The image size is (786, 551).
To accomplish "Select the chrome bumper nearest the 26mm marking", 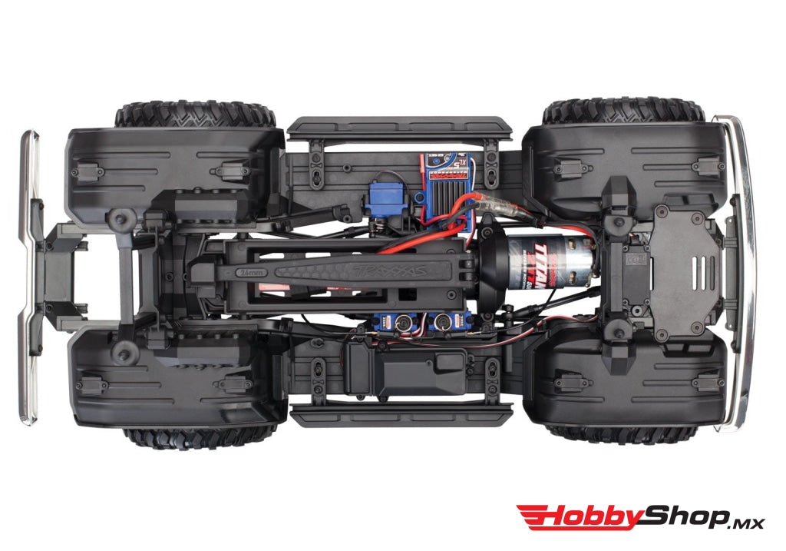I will pyautogui.click(x=29, y=277).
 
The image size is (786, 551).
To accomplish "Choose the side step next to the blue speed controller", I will pyautogui.click(x=399, y=126).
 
